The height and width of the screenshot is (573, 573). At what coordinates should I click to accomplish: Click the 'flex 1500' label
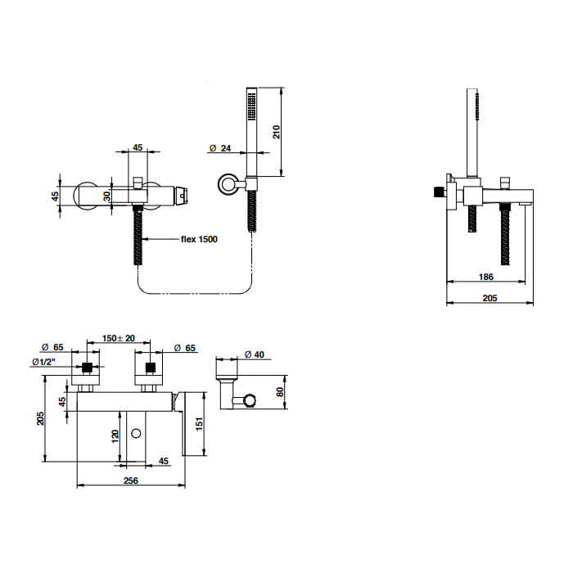199,239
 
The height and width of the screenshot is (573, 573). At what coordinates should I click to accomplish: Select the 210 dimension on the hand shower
277,132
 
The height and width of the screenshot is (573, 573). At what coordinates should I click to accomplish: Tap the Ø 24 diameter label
220,148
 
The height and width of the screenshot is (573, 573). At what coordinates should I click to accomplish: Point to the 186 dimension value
486,277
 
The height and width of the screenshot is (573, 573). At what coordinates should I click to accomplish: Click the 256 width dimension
131,481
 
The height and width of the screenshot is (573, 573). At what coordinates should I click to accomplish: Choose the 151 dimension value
199,424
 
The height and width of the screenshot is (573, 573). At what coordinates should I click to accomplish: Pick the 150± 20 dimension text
119,338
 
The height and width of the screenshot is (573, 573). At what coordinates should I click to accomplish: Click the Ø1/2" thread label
44,362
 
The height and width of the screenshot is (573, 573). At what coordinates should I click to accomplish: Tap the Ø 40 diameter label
255,354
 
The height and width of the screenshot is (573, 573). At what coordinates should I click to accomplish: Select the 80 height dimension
280,392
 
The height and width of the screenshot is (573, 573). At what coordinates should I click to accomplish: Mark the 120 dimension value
115,436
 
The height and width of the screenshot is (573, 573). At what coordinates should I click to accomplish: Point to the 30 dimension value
106,196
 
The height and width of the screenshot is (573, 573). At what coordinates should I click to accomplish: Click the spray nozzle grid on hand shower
252,106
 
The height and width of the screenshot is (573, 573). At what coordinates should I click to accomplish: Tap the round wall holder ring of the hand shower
228,184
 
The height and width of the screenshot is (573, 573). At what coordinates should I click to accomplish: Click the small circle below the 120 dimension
136,434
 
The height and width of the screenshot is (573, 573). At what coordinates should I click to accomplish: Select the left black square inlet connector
87,368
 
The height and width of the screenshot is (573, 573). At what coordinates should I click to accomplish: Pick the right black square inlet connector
150,368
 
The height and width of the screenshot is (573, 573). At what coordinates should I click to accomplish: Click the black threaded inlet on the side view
438,192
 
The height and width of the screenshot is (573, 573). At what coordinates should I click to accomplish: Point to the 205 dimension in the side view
490,298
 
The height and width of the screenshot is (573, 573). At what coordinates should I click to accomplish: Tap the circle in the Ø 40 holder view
250,400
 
